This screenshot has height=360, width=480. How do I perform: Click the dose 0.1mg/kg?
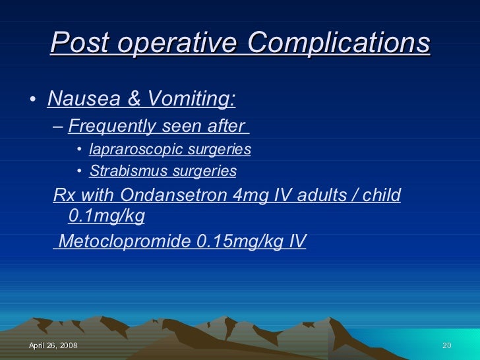[106, 216]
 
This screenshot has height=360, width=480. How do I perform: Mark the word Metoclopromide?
[126, 241]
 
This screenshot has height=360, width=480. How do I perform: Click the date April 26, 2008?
[53, 347]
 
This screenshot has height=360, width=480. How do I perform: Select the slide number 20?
[446, 347]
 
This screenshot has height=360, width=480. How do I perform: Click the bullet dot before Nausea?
[33, 100]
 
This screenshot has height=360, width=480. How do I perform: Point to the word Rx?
[63, 196]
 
